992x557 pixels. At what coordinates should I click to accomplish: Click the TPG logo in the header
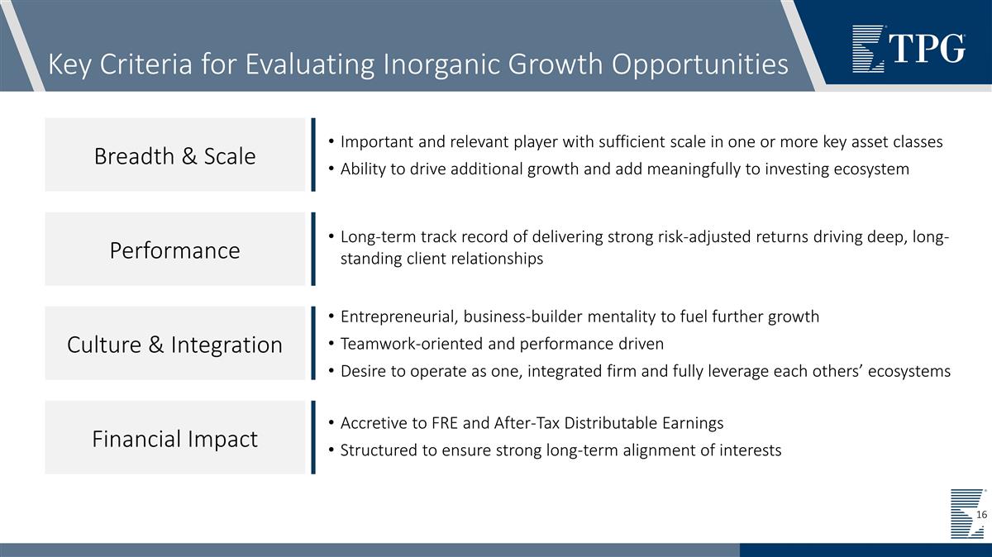click(908, 48)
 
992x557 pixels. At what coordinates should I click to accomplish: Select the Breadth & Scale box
click(174, 155)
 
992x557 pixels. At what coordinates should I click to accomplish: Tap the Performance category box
click(174, 250)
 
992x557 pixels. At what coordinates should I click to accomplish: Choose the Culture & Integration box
click(174, 344)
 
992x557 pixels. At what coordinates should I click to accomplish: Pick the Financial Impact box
click(174, 438)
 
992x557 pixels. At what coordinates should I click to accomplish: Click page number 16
click(981, 515)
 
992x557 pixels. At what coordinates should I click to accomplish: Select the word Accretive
click(372, 423)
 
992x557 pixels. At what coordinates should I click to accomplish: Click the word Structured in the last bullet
click(378, 450)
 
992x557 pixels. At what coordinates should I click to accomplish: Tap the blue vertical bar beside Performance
click(313, 250)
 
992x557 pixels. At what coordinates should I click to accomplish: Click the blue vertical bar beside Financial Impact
click(313, 438)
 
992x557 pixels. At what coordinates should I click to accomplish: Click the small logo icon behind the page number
click(965, 513)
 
